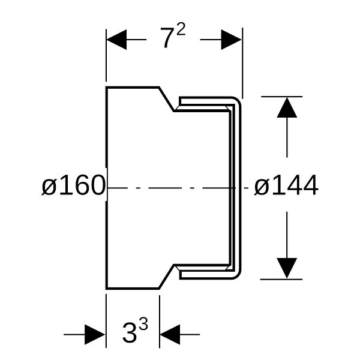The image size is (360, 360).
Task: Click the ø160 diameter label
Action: coord(73,185)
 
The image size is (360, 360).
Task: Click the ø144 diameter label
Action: coord(286,185)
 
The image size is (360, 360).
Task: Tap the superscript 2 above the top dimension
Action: coord(181,29)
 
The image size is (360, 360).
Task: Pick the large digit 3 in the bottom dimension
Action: coord(130,332)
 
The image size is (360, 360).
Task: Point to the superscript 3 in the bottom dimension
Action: coord(143,323)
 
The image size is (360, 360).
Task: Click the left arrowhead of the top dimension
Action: coord(116,40)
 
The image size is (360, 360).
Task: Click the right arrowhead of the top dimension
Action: coord(231,40)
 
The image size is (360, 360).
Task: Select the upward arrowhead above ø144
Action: coord(287,107)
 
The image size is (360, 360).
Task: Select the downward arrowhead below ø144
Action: coord(287,268)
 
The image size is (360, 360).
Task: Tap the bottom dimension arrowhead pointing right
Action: coord(95,334)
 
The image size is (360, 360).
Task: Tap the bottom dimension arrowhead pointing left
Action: coord(170,334)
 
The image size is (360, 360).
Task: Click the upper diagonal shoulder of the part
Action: coord(166,99)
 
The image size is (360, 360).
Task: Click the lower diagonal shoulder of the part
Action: coord(166,276)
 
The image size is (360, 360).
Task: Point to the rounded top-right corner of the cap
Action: coord(238,101)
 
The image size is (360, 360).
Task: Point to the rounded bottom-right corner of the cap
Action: coord(238,275)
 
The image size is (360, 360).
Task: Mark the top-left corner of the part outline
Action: coord(107,88)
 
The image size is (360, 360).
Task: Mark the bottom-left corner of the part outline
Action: coord(107,289)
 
